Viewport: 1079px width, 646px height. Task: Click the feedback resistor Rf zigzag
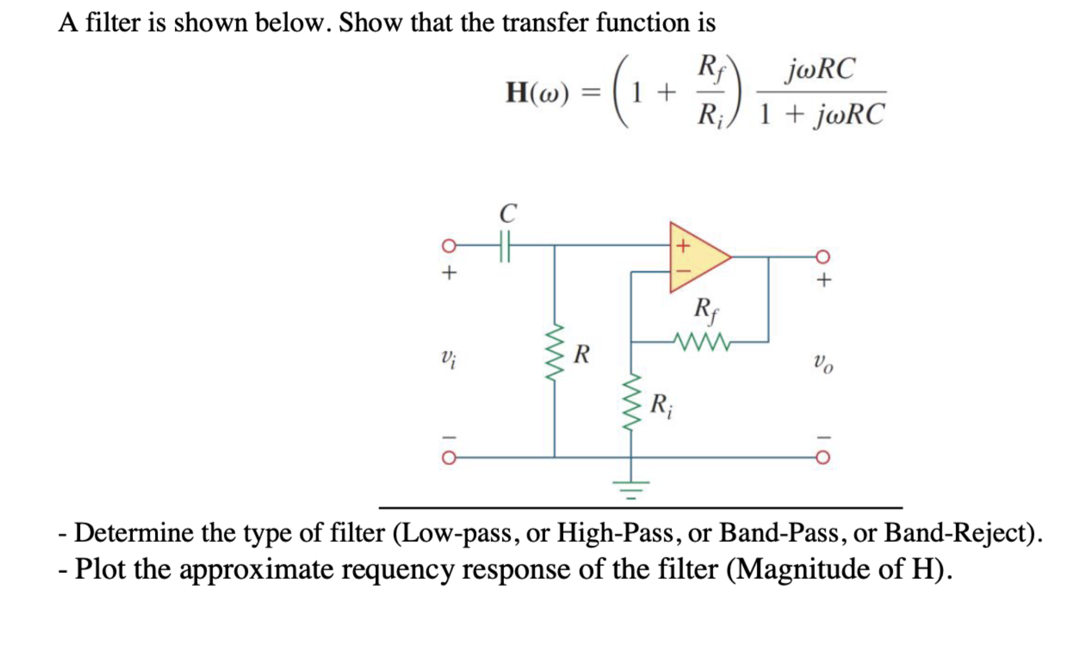click(x=701, y=341)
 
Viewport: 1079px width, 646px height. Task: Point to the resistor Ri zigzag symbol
click(x=631, y=402)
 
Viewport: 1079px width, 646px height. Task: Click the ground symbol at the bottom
click(x=631, y=488)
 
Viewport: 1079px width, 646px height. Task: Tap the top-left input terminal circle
click(x=449, y=246)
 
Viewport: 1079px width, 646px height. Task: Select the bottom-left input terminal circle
click(x=449, y=458)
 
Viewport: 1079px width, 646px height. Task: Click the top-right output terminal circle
click(x=823, y=257)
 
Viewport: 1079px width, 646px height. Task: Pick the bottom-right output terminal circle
click(x=823, y=458)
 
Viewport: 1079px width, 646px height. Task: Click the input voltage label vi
click(x=448, y=358)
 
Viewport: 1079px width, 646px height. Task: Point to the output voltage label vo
click(x=823, y=363)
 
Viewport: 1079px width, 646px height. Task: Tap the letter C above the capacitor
click(x=508, y=213)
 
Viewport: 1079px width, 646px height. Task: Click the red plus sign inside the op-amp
click(x=683, y=246)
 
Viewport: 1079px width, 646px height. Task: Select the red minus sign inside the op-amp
click(x=683, y=271)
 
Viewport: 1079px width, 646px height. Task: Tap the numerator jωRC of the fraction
click(x=820, y=69)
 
